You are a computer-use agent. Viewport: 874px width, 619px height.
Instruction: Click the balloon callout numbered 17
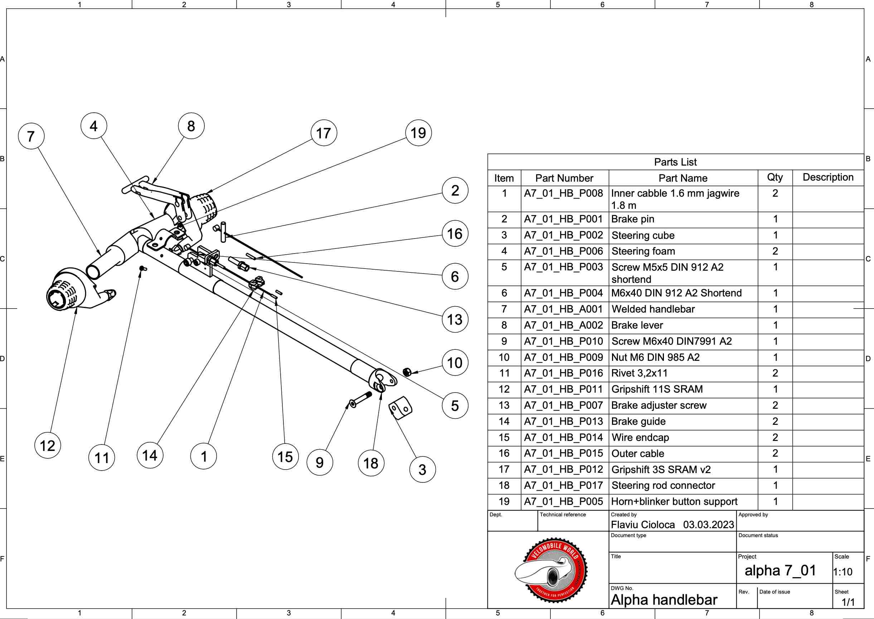tap(324, 133)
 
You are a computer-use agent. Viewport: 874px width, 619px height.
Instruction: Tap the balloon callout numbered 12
tap(48, 445)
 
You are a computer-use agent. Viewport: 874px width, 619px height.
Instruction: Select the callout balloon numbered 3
tap(422, 470)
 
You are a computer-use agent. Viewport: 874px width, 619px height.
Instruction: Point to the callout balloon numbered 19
tap(418, 133)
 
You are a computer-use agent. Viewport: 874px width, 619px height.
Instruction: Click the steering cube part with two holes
tap(400, 408)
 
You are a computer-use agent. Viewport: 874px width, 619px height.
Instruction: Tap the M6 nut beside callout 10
tap(407, 372)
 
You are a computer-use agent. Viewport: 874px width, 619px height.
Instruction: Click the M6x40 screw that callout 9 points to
tap(360, 399)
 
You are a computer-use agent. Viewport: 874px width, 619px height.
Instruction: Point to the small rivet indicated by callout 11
tap(142, 268)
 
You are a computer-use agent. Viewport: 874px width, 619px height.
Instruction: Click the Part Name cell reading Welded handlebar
tap(653, 309)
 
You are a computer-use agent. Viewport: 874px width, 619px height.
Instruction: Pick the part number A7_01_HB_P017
tap(563, 486)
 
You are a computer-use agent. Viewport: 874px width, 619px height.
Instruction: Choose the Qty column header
tap(775, 178)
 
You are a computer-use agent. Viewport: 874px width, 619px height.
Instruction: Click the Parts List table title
tap(675, 162)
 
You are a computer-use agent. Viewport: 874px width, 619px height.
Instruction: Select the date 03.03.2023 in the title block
tap(708, 525)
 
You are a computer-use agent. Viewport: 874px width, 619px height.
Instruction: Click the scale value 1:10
tap(843, 572)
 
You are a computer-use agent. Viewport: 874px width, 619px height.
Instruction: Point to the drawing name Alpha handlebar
tap(664, 600)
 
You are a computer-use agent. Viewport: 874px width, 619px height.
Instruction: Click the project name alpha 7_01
tap(780, 571)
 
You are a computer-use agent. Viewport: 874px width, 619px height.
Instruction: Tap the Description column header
tap(828, 177)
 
